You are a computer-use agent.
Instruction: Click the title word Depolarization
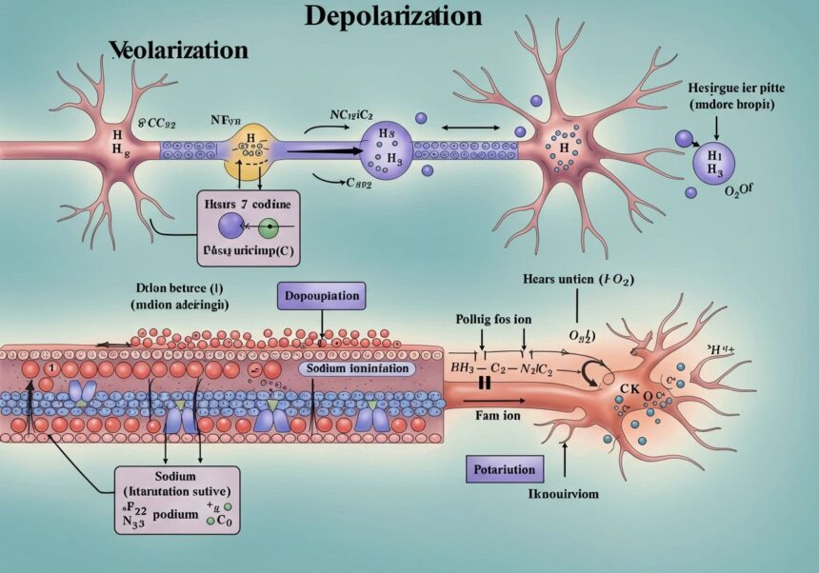tap(393, 16)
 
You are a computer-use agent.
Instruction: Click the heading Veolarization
tap(178, 49)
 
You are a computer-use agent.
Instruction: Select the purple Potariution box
tap(505, 468)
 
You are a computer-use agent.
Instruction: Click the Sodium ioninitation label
tap(354, 367)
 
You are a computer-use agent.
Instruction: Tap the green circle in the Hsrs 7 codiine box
tap(269, 227)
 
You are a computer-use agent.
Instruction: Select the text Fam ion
tap(496, 414)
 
